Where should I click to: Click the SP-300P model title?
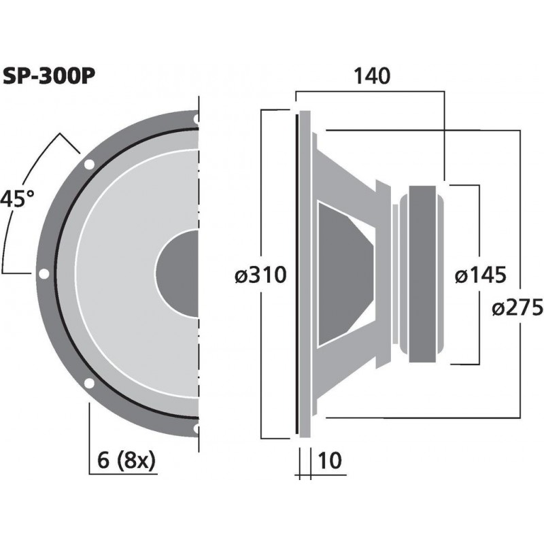coord(48,75)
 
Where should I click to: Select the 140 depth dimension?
coord(371,76)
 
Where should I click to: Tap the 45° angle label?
coord(16,199)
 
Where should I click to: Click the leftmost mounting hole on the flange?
coord(44,274)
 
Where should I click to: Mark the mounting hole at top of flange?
coord(197,120)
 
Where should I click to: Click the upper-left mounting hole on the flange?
coord(88,164)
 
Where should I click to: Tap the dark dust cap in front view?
coord(178,274)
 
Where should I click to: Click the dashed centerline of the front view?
coord(199,204)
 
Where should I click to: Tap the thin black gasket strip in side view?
coord(297,274)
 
